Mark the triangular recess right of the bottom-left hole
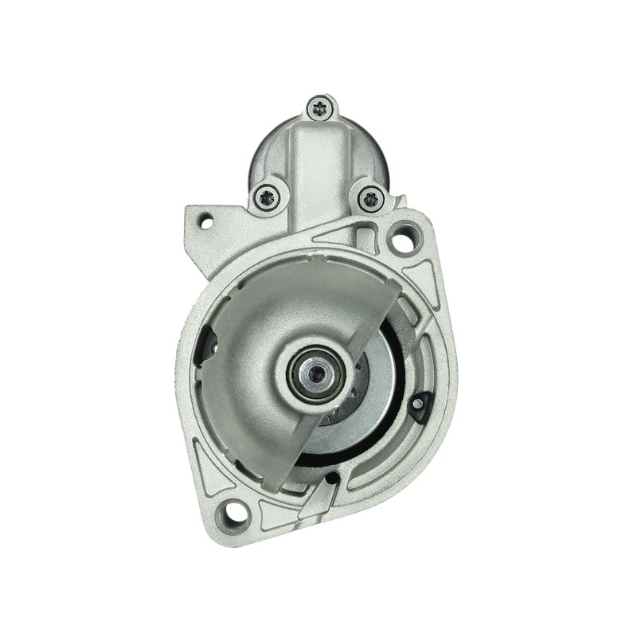tap(275, 510)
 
